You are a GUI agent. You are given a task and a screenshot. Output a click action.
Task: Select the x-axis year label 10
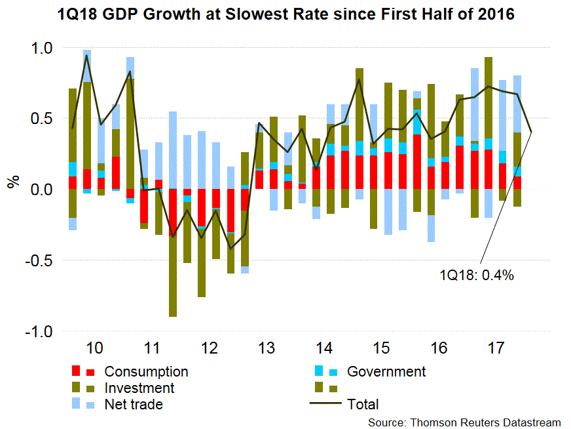click(94, 348)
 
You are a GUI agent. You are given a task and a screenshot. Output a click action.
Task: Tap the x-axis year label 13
click(267, 348)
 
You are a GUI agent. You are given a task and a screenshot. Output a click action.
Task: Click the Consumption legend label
click(146, 372)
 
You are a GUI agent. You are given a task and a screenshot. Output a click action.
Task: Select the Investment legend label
click(139, 388)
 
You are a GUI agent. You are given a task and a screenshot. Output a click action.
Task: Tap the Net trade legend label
click(134, 405)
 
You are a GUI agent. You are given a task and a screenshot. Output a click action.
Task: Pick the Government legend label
click(386, 372)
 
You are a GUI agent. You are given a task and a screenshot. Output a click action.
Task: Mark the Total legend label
click(363, 405)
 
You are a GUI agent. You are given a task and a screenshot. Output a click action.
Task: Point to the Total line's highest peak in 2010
click(86, 55)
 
